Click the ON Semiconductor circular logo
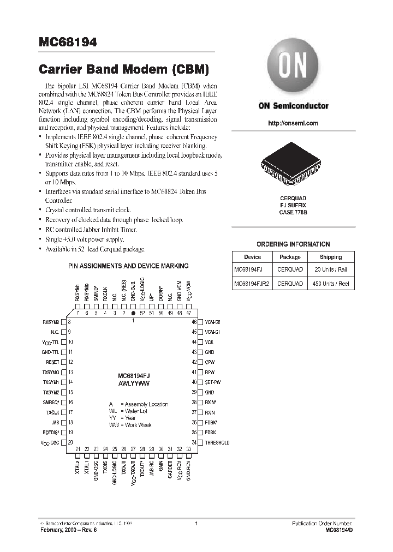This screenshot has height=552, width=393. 293,69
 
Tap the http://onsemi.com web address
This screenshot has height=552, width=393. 293,123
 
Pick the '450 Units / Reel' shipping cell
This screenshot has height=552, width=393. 331,284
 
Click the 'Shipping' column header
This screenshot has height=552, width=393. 331,257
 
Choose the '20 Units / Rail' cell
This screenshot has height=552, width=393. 331,270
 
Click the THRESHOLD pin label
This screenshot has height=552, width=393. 217,442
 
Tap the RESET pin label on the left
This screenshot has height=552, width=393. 52,362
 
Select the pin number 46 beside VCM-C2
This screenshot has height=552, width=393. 194,322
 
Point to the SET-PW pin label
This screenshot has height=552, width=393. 213,382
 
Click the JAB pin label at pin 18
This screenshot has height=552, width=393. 55,422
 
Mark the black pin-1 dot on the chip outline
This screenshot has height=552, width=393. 133,314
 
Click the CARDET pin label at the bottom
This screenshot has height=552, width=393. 170,467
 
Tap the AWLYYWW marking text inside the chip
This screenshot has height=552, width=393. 134,383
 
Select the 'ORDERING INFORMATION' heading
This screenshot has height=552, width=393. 293,244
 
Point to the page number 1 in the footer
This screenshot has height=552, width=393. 195,524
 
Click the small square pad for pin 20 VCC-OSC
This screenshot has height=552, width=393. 64,442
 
